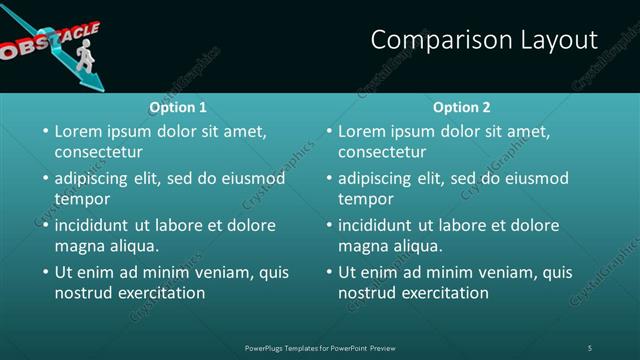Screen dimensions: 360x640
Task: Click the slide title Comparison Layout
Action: (x=484, y=40)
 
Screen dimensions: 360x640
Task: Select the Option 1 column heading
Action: (x=178, y=107)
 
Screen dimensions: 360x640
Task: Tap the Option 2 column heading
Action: (x=462, y=107)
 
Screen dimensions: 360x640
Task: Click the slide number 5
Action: (x=590, y=347)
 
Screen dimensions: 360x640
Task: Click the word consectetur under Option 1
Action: (x=99, y=152)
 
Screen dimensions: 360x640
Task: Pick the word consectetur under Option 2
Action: (x=383, y=152)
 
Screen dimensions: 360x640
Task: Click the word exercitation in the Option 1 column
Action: (x=162, y=293)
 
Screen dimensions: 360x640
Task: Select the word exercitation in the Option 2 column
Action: (x=446, y=293)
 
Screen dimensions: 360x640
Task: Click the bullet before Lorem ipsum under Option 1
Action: (x=44, y=131)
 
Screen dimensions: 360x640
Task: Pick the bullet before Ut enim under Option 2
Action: (x=328, y=272)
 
